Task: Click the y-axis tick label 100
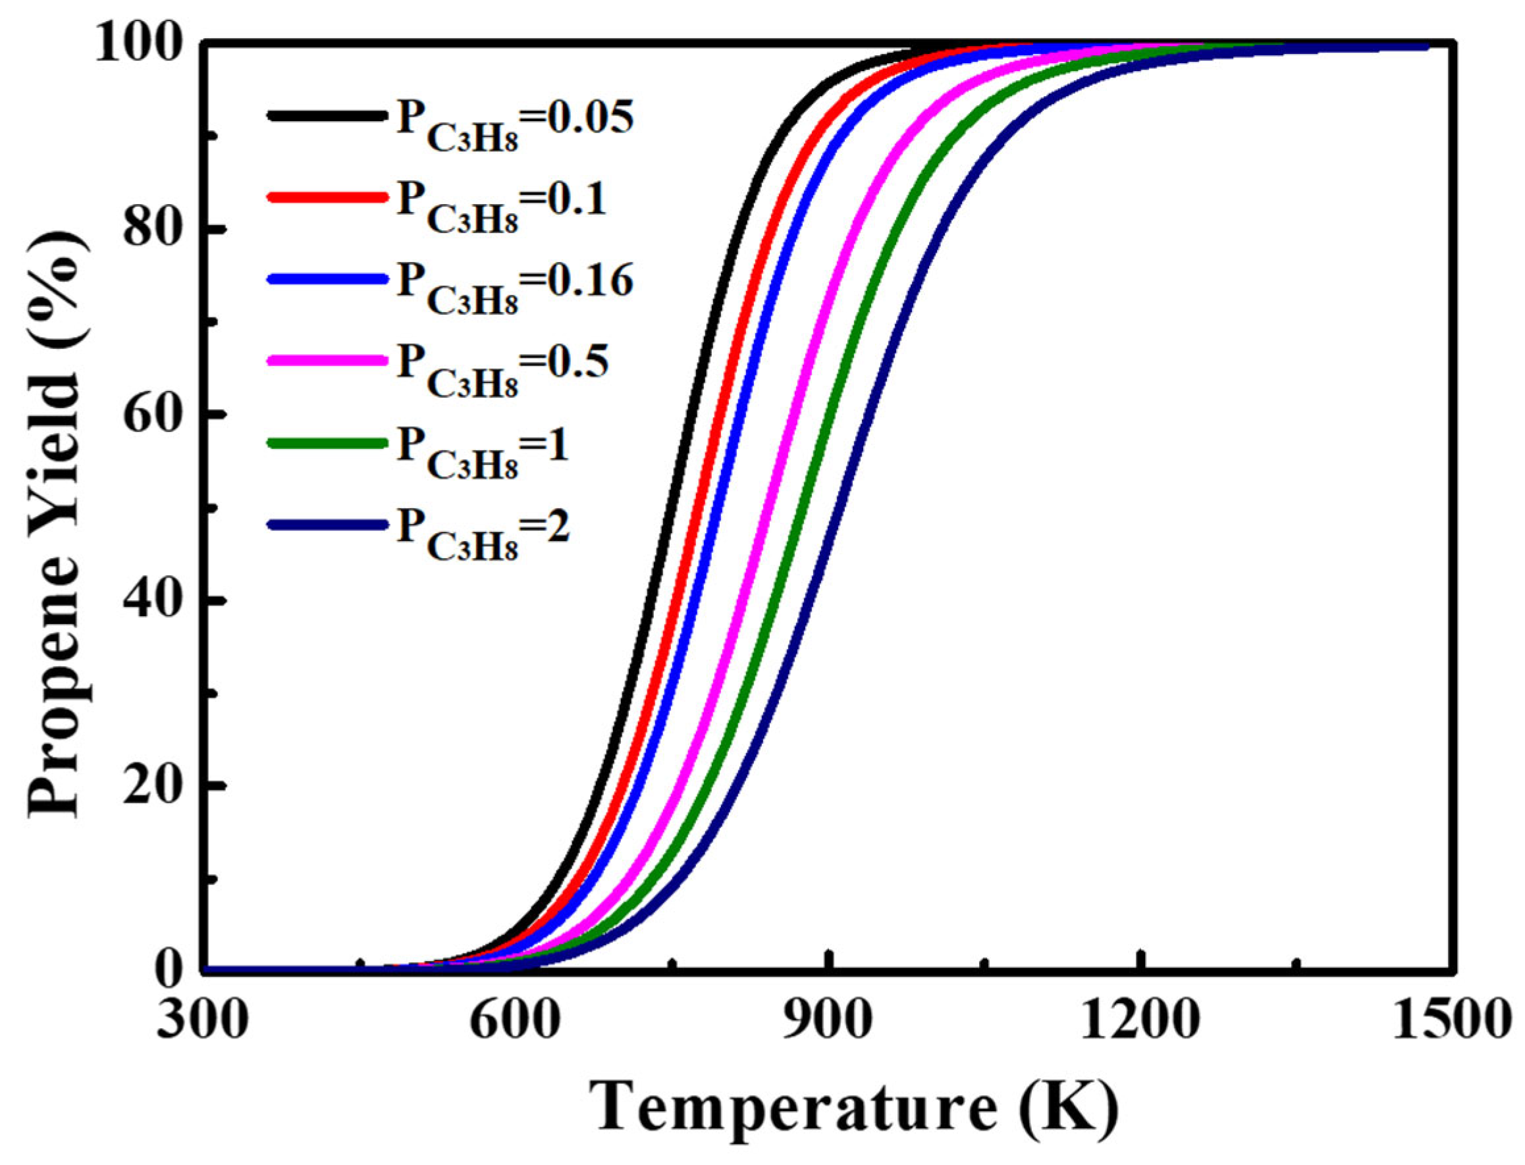(139, 43)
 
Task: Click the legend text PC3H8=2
(483, 531)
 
